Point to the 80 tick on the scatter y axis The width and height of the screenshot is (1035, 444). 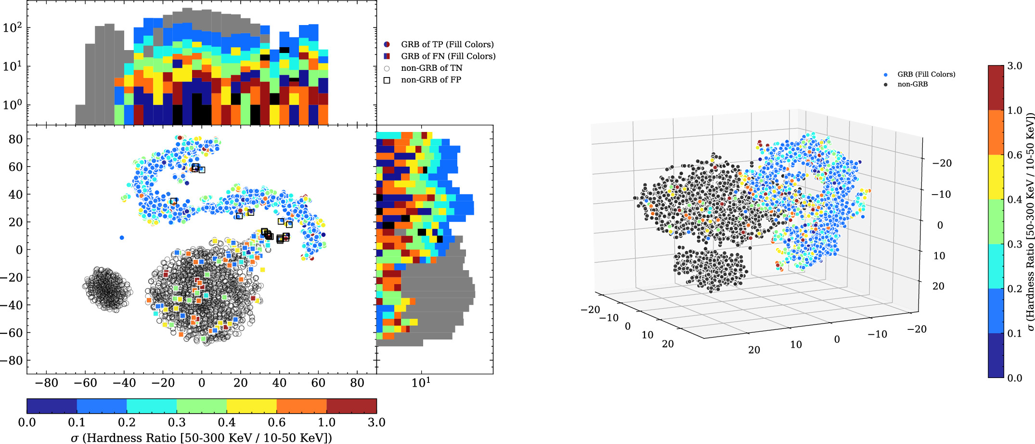[x=15, y=139]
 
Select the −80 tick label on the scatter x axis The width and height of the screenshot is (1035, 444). [x=47, y=383]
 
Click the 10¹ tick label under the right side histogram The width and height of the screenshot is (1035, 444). [x=421, y=383]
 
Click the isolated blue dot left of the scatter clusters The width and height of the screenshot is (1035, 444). [x=122, y=238]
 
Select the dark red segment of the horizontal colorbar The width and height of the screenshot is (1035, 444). [x=351, y=406]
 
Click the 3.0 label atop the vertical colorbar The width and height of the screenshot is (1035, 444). [x=1015, y=66]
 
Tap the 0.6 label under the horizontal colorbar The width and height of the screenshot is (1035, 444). [x=277, y=423]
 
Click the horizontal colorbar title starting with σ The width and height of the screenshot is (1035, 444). [x=201, y=437]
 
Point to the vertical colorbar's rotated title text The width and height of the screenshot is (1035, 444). [x=1029, y=222]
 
